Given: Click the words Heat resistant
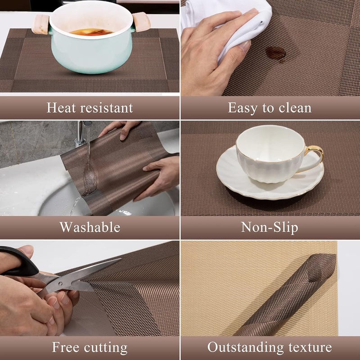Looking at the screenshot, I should pos(90,108).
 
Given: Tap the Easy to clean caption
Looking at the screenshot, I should pos(270,108).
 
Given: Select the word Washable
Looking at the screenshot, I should pos(90,227).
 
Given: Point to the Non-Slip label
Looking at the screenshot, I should pos(270,227).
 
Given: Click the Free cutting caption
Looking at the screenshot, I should pos(90,347).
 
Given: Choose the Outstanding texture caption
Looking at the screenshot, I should pos(270,347).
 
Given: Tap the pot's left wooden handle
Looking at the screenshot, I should pos(40,23).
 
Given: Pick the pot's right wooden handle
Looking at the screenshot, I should pos(141,21).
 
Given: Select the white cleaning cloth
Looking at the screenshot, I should pos(234,27).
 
